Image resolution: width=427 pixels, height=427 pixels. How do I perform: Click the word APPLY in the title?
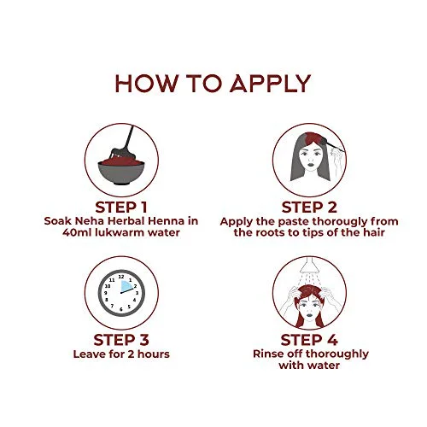270,84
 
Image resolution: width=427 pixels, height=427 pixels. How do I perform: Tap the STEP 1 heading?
121,208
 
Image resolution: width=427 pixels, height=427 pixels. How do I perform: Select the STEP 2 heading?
309,208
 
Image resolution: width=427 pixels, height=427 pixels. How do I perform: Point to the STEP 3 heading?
121,340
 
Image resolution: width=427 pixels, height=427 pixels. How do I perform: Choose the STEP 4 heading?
309,340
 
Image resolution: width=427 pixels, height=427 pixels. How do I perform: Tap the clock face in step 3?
121,293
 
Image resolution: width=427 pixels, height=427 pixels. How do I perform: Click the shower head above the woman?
309,264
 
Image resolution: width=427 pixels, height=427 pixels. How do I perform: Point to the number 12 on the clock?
121,277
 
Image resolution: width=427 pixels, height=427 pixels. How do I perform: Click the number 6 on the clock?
121,309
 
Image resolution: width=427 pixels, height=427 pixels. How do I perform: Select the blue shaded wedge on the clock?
126,286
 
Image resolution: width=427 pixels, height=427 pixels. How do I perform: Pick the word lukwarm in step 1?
120,232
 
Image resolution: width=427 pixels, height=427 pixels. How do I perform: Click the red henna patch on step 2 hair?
314,137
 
